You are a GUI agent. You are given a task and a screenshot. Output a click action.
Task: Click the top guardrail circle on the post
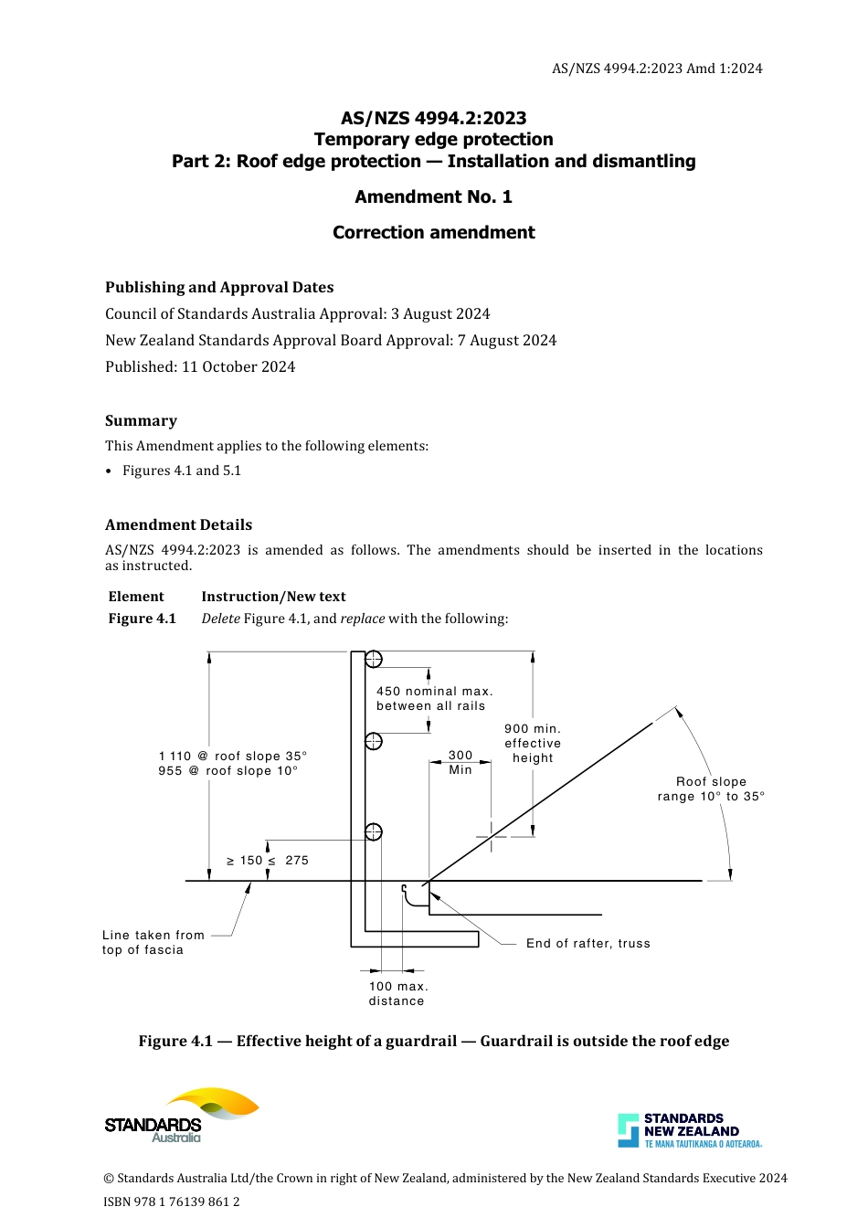(x=373, y=660)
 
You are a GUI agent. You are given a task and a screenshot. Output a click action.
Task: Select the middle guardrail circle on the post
(x=373, y=741)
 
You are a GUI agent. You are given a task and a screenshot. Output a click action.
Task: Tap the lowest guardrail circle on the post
(x=373, y=831)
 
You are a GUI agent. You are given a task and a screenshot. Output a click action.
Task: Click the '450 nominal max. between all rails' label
(x=434, y=699)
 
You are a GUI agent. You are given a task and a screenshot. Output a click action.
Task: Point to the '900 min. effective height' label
(x=533, y=744)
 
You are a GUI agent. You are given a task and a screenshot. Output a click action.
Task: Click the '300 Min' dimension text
(x=460, y=763)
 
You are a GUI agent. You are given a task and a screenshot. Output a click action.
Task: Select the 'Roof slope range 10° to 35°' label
(x=711, y=789)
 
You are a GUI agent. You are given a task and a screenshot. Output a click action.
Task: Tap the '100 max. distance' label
(x=397, y=994)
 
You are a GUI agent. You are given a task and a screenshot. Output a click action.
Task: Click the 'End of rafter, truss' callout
(x=588, y=944)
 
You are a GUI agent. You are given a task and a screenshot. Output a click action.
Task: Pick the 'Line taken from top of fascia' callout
(x=153, y=943)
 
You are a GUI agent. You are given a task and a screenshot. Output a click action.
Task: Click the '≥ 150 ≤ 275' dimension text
(x=268, y=861)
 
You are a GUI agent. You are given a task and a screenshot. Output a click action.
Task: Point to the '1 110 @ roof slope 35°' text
(x=233, y=757)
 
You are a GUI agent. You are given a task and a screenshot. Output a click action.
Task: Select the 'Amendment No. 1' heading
(x=433, y=197)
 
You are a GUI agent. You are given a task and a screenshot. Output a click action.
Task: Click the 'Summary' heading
(x=141, y=421)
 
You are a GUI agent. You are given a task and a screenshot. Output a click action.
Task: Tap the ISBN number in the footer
(x=172, y=1202)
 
